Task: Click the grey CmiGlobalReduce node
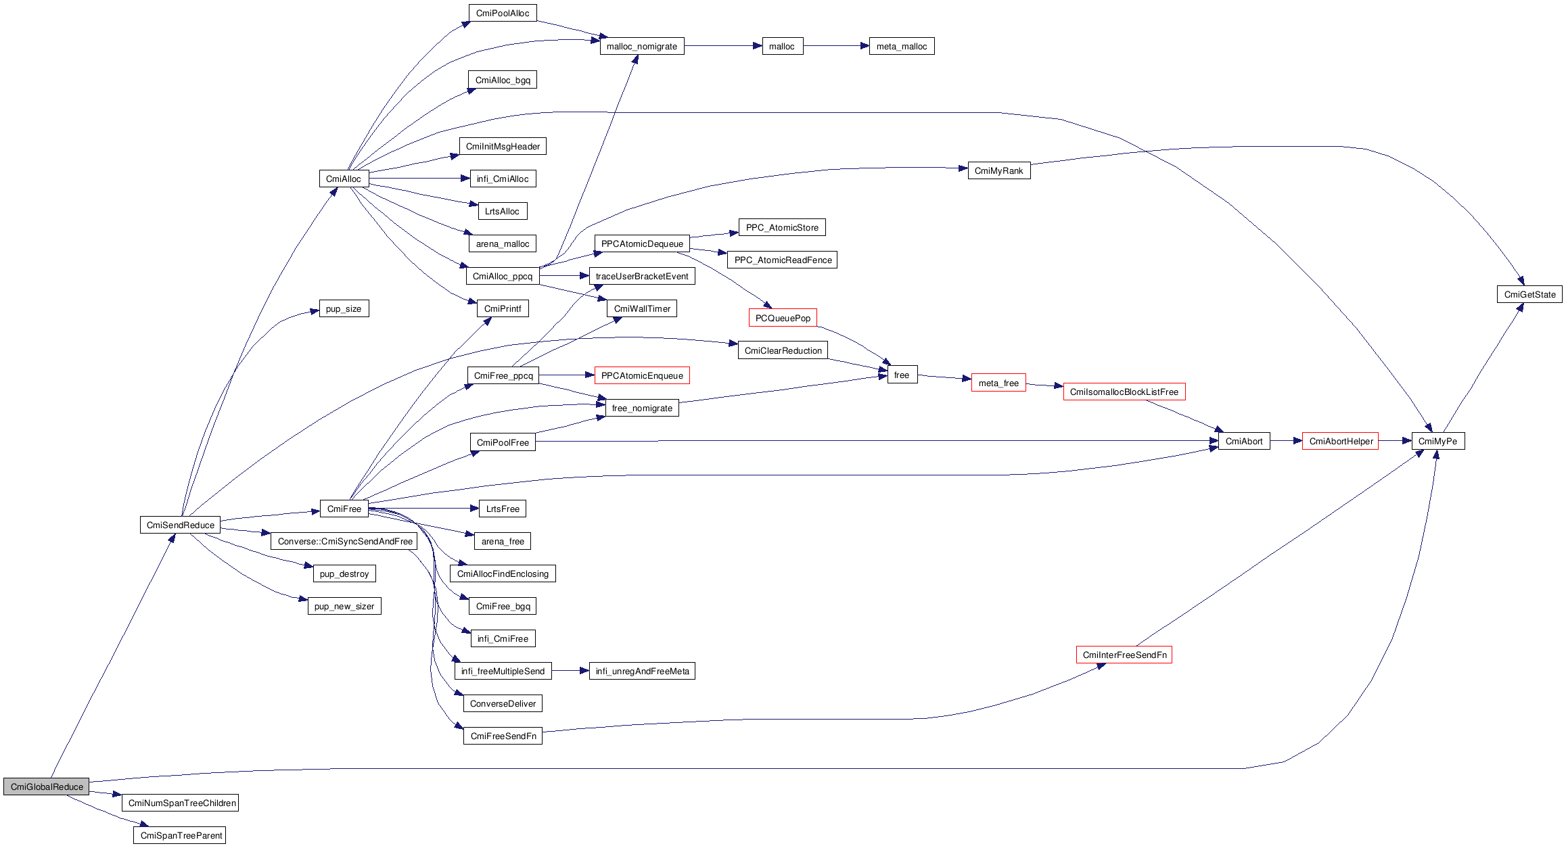click(46, 786)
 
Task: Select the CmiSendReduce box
click(180, 525)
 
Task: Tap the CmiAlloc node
click(344, 179)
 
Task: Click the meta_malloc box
click(901, 46)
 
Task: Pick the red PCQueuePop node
click(783, 318)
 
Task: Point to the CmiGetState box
click(1529, 294)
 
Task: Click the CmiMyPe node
click(1437, 441)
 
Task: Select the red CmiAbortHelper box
click(1340, 441)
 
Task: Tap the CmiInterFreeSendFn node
click(1124, 655)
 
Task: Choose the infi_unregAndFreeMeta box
click(642, 671)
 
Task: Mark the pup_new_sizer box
click(344, 606)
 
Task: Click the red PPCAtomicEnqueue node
click(642, 375)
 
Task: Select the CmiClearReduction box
click(783, 350)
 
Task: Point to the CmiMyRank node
click(998, 170)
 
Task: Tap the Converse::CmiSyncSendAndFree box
click(344, 541)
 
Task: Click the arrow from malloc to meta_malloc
click(836, 46)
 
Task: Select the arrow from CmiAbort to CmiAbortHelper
click(1286, 441)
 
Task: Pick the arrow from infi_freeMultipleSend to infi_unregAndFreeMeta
click(570, 671)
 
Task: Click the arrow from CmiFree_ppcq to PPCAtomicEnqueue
click(567, 375)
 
